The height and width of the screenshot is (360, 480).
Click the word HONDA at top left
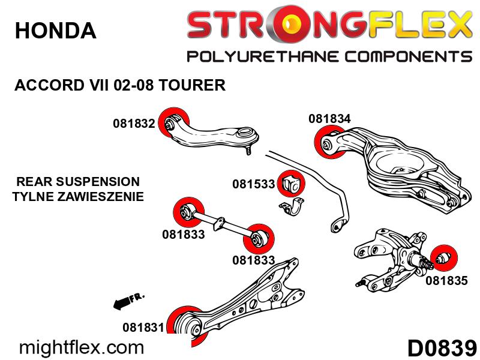(55, 31)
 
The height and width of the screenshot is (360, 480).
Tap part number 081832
(134, 124)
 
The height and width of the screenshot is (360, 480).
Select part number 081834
(329, 119)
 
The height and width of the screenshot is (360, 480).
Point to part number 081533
(253, 184)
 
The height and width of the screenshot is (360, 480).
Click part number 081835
(446, 280)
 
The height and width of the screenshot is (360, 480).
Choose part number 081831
(143, 327)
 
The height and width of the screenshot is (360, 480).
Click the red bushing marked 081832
(173, 123)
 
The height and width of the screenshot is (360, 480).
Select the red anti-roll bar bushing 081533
(291, 184)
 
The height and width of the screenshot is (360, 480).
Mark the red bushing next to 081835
(443, 258)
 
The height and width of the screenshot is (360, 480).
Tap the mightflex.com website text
(82, 348)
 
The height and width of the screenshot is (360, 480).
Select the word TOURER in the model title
(192, 85)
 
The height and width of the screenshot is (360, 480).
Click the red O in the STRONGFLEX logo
(290, 24)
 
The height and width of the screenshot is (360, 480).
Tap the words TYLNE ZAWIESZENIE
(78, 196)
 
